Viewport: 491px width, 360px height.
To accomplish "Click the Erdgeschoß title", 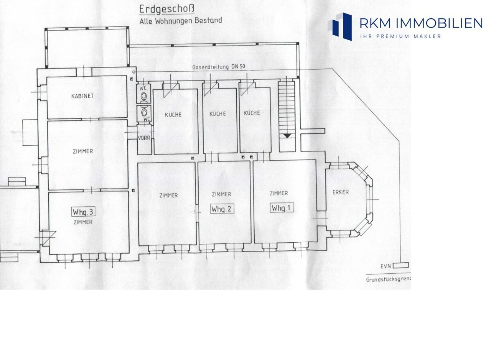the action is [167, 10].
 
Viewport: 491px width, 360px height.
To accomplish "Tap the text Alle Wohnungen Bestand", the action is [181, 21].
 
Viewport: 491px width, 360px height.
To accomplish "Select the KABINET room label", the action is [82, 96].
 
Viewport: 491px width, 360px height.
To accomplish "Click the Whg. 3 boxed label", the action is [83, 212].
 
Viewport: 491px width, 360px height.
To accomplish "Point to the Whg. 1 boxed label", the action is [281, 208].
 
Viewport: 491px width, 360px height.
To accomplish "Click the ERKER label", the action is [340, 192].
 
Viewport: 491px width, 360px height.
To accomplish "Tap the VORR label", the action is [144, 138].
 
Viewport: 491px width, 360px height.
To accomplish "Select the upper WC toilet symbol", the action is [144, 97].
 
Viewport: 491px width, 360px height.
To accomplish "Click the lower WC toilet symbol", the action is [144, 112].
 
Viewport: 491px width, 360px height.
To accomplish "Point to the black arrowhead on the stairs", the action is [287, 136].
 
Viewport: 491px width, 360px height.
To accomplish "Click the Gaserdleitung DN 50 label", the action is [219, 67].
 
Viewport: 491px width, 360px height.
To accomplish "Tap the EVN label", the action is [386, 266].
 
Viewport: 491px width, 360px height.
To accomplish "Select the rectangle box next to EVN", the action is [401, 265].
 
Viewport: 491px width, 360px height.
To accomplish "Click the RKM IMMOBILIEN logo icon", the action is [340, 26].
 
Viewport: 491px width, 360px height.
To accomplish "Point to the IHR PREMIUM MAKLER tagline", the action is [400, 36].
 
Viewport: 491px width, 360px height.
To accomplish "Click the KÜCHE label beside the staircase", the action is [252, 113].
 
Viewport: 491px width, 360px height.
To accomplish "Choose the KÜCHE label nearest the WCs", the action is [173, 115].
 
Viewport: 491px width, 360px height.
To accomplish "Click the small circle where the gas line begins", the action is [134, 72].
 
